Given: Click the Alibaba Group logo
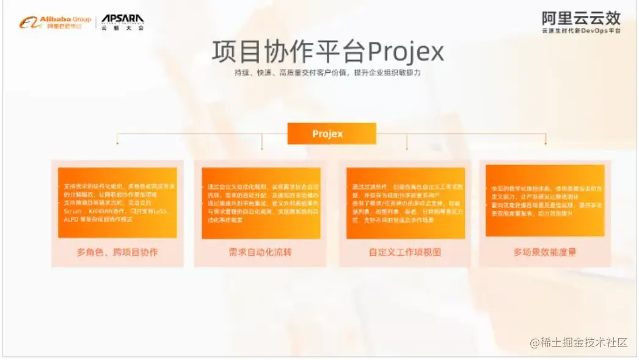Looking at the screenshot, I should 55,23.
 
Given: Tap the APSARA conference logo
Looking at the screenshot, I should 122,23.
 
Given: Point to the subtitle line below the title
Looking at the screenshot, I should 328,73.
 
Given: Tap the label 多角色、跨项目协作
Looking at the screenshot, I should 117,251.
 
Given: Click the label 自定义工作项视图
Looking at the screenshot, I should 404,251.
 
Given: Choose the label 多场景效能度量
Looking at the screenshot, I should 545,251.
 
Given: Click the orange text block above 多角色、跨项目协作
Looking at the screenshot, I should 117,202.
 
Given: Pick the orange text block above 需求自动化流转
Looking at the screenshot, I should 261,202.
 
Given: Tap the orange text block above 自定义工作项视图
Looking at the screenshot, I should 405,202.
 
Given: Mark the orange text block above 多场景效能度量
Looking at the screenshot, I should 545,200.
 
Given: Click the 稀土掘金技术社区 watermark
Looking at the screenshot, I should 579,343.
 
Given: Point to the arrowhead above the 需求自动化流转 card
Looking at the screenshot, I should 262,147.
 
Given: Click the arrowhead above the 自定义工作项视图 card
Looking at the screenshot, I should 406,147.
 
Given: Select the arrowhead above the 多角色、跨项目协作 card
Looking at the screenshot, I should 117,143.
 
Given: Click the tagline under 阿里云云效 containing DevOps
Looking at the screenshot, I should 580,31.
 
